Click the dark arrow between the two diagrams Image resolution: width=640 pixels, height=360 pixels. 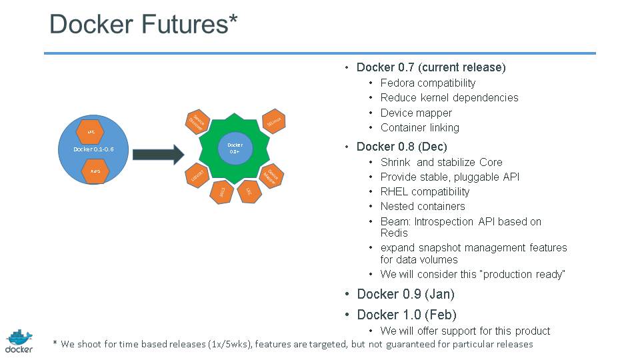coord(157,155)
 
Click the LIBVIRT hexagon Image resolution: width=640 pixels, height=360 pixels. coord(197,175)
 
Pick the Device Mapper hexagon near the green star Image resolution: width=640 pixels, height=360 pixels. coord(271,175)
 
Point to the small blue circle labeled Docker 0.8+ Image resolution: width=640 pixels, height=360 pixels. coord(235,148)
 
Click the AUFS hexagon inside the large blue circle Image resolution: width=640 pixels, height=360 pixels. coord(95,171)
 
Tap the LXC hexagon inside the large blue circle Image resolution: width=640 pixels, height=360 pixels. coord(91,132)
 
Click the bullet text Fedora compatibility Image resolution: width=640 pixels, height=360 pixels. coord(428,83)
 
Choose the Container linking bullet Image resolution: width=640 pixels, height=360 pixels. coord(419,127)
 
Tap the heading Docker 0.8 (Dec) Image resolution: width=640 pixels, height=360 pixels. coord(401,146)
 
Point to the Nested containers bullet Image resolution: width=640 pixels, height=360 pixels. coord(423,206)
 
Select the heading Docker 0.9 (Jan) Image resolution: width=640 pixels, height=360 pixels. coord(405,294)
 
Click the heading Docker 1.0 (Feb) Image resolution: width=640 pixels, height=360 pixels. coord(407,315)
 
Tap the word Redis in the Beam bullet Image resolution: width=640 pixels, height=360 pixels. coord(394,233)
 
